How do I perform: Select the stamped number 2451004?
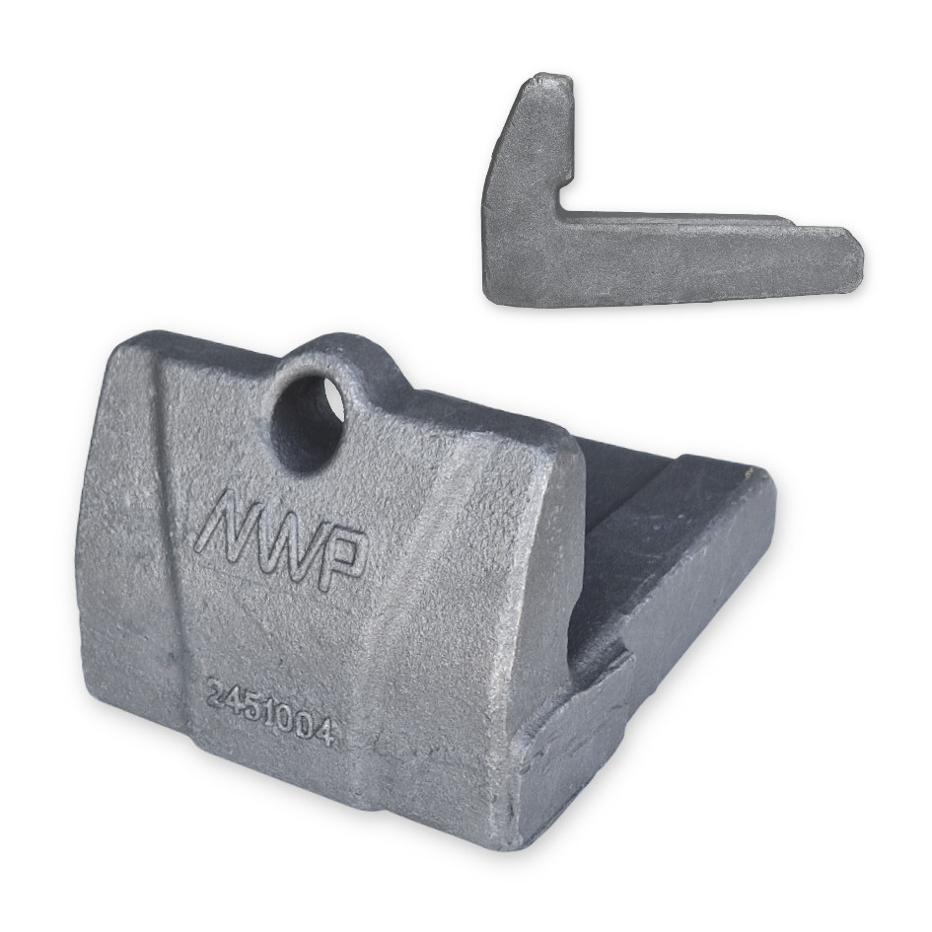click(269, 715)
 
